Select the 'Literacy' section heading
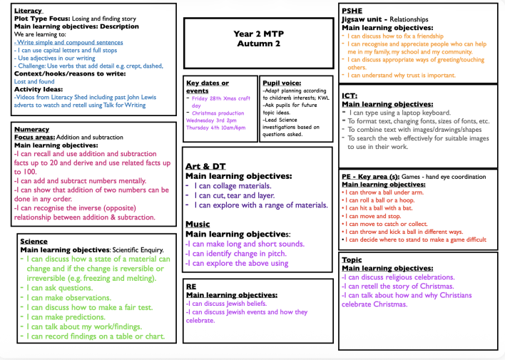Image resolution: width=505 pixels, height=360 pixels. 29,11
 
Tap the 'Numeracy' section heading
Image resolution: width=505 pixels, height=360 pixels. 32,129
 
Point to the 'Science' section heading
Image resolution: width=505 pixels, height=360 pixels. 34,242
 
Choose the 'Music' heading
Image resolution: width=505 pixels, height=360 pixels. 198,224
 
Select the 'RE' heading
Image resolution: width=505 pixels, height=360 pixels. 191,285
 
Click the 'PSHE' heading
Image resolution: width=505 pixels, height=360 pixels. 352,11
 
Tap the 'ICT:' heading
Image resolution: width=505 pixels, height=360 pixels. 350,95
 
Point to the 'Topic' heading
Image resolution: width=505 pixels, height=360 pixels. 352,259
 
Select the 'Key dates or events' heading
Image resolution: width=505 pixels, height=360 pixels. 208,86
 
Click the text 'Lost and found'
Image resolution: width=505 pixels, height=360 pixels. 34,82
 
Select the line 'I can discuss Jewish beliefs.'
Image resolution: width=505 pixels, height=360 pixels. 233,303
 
